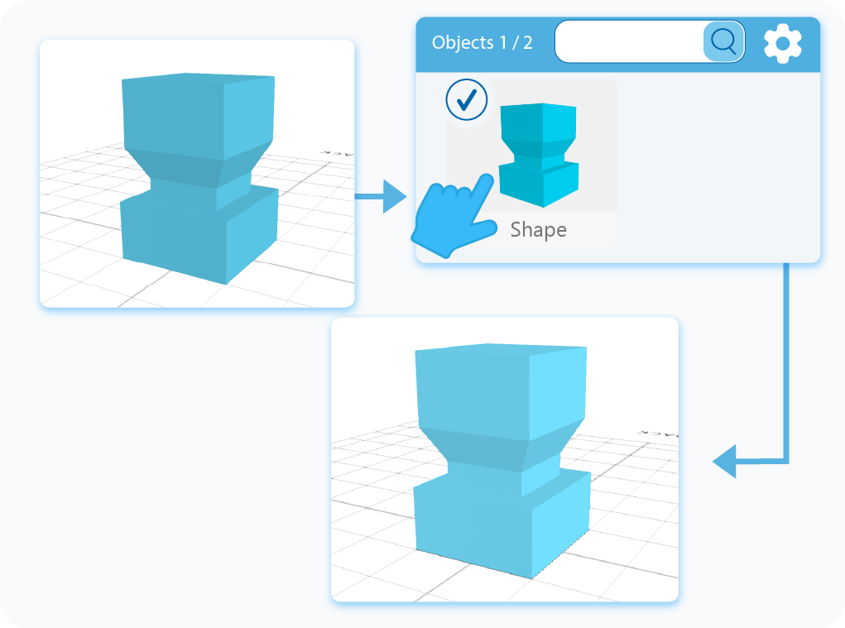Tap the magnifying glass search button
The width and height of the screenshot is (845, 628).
pos(723,41)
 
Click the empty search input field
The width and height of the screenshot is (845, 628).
pos(629,41)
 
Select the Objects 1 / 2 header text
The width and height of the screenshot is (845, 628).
pos(482,43)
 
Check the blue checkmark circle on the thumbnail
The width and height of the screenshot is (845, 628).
pos(467,100)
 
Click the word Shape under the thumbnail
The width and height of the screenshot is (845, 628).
pos(538,230)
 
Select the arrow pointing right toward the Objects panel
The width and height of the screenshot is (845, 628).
pos(381,197)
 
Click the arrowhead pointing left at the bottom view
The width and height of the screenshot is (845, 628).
pos(726,461)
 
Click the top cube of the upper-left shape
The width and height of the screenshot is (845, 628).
pos(199,116)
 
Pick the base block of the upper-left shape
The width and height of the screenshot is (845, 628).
pos(199,236)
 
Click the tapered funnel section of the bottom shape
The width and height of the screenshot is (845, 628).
pos(497,451)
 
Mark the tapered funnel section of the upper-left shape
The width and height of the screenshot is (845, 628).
pos(194,165)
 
